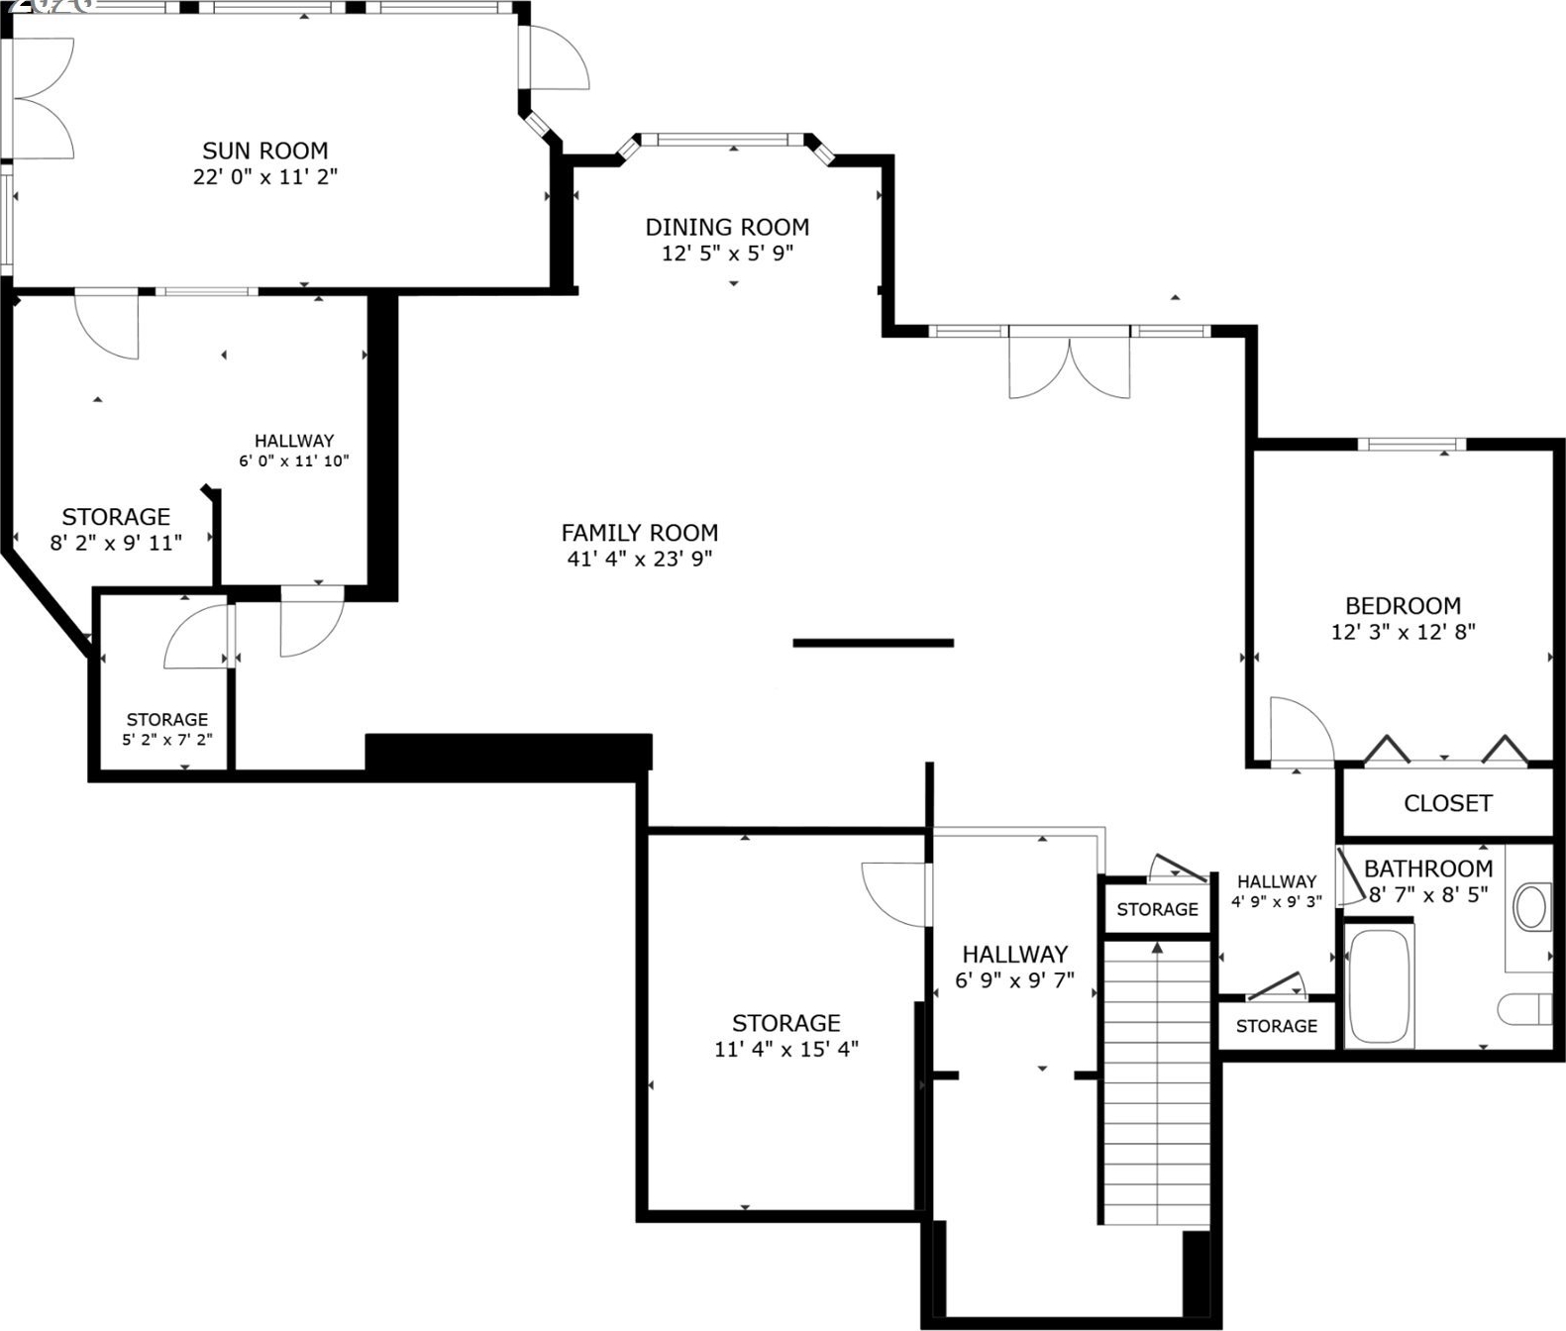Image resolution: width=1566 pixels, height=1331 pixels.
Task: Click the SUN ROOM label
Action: tap(265, 151)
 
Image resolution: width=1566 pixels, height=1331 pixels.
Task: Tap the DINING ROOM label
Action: tap(727, 227)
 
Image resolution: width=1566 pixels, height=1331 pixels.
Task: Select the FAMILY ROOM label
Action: tap(640, 534)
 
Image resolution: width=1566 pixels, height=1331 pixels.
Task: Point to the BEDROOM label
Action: tap(1404, 606)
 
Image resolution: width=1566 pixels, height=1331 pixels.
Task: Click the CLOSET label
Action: tap(1448, 803)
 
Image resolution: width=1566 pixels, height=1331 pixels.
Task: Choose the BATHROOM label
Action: tap(1428, 869)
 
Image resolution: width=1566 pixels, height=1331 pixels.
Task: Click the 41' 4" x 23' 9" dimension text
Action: tap(640, 560)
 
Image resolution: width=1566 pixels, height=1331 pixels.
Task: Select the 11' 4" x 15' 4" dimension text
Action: tap(786, 1049)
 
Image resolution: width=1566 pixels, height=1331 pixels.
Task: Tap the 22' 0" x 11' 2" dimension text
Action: tap(265, 176)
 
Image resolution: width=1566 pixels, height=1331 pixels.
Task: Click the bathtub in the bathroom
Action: tap(1380, 984)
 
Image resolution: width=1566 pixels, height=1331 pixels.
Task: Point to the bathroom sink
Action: tap(1531, 907)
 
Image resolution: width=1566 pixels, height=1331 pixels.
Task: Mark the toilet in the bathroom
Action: tap(1525, 1009)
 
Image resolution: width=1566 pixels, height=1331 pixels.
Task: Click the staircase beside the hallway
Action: tap(1157, 1083)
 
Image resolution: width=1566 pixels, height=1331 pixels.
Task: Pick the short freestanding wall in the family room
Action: tap(873, 643)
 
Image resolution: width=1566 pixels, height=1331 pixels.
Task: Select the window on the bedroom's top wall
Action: tap(1411, 445)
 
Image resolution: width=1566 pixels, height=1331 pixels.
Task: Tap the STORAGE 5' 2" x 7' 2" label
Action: tap(167, 729)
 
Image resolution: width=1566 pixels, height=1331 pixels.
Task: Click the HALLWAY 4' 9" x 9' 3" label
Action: tap(1277, 891)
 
